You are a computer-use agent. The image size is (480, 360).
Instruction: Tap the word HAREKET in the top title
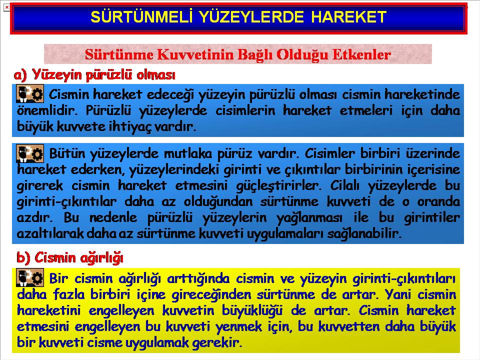pyautogui.click(x=349, y=16)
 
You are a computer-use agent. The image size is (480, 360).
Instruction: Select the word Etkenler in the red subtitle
pyautogui.click(x=361, y=54)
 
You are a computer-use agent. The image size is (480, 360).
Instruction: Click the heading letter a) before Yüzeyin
pyautogui.click(x=20, y=74)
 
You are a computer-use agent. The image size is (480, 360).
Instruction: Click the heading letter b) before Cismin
pyautogui.click(x=23, y=257)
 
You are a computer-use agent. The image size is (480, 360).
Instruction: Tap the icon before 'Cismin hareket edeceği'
pyautogui.click(x=30, y=93)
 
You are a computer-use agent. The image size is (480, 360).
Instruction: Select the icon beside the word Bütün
pyautogui.click(x=30, y=153)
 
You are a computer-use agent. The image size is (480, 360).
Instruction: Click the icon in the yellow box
pyautogui.click(x=30, y=277)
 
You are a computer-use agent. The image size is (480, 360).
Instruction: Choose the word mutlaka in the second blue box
pyautogui.click(x=188, y=153)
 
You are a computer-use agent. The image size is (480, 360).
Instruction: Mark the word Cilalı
pyautogui.click(x=344, y=185)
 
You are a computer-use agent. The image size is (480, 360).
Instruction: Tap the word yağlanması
pyautogui.click(x=309, y=218)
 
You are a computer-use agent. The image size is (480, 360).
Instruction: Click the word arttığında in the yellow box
pyautogui.click(x=198, y=279)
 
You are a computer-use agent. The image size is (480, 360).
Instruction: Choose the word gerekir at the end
pyautogui.click(x=217, y=342)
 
